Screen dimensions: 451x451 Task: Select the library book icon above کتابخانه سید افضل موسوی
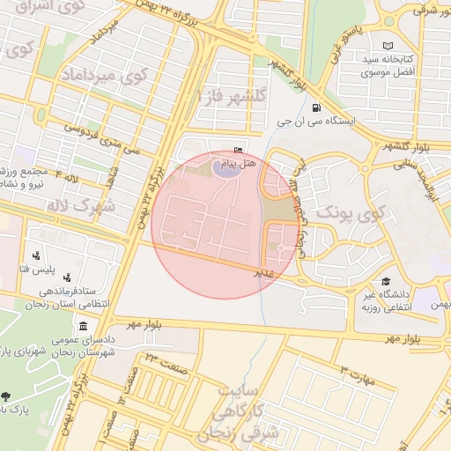388,46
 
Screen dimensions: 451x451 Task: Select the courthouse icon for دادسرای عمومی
83,326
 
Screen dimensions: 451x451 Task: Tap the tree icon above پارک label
7,396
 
